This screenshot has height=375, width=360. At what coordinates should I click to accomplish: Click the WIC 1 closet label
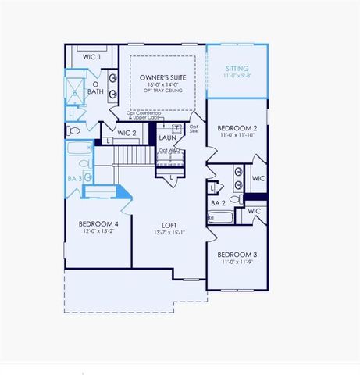pyautogui.click(x=92, y=57)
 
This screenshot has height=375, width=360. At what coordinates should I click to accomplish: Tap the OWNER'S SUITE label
pyautogui.click(x=162, y=78)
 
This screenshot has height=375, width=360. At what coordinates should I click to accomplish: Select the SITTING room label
pyautogui.click(x=236, y=69)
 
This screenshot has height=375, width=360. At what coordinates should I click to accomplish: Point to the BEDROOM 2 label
pyautogui.click(x=237, y=127)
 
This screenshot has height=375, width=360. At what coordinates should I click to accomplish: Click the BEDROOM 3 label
pyautogui.click(x=237, y=255)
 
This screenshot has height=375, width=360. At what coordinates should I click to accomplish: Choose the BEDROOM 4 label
pyautogui.click(x=98, y=225)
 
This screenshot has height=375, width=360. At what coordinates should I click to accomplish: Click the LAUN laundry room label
pyautogui.click(x=168, y=138)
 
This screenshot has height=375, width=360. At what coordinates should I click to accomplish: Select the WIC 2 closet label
pyautogui.click(x=127, y=134)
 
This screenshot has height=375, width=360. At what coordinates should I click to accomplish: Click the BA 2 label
pyautogui.click(x=218, y=203)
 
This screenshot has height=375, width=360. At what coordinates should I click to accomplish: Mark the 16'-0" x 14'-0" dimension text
pyautogui.click(x=162, y=85)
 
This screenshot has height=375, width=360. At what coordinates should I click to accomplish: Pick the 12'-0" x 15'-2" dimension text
pyautogui.click(x=98, y=232)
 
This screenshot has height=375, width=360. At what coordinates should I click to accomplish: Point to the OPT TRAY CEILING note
pyautogui.click(x=162, y=91)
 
